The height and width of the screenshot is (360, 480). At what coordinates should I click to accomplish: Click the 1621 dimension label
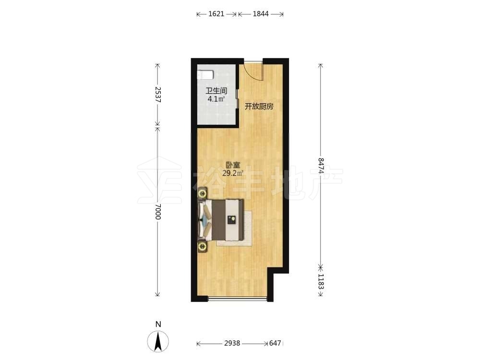click(216, 14)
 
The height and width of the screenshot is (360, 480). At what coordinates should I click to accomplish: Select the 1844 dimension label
click(261, 14)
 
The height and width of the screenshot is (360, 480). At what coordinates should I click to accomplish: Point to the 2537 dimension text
click(157, 94)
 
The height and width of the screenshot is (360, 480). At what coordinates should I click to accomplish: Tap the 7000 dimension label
click(157, 212)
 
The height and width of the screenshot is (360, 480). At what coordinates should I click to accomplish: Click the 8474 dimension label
click(321, 166)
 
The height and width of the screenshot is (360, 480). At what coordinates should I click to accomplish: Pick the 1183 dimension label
click(321, 281)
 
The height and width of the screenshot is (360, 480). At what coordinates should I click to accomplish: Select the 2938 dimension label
click(232, 343)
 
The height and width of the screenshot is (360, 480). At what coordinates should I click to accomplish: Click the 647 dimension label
click(275, 343)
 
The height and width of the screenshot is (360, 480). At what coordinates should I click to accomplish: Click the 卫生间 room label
click(216, 91)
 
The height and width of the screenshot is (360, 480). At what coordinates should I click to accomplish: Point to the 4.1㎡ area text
click(216, 99)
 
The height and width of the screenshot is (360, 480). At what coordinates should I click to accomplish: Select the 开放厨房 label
click(259, 107)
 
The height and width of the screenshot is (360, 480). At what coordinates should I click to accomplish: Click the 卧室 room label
click(233, 166)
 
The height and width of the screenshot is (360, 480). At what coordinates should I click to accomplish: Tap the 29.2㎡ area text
click(233, 174)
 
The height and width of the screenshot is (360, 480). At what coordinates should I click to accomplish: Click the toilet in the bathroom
click(205, 74)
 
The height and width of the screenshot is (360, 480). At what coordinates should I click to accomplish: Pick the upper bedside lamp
click(203, 193)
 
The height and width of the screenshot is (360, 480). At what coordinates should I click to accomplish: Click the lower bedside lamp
click(203, 246)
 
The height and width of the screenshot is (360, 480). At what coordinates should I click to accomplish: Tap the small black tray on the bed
click(232, 220)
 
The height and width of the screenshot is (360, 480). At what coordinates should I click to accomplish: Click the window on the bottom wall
click(238, 298)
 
